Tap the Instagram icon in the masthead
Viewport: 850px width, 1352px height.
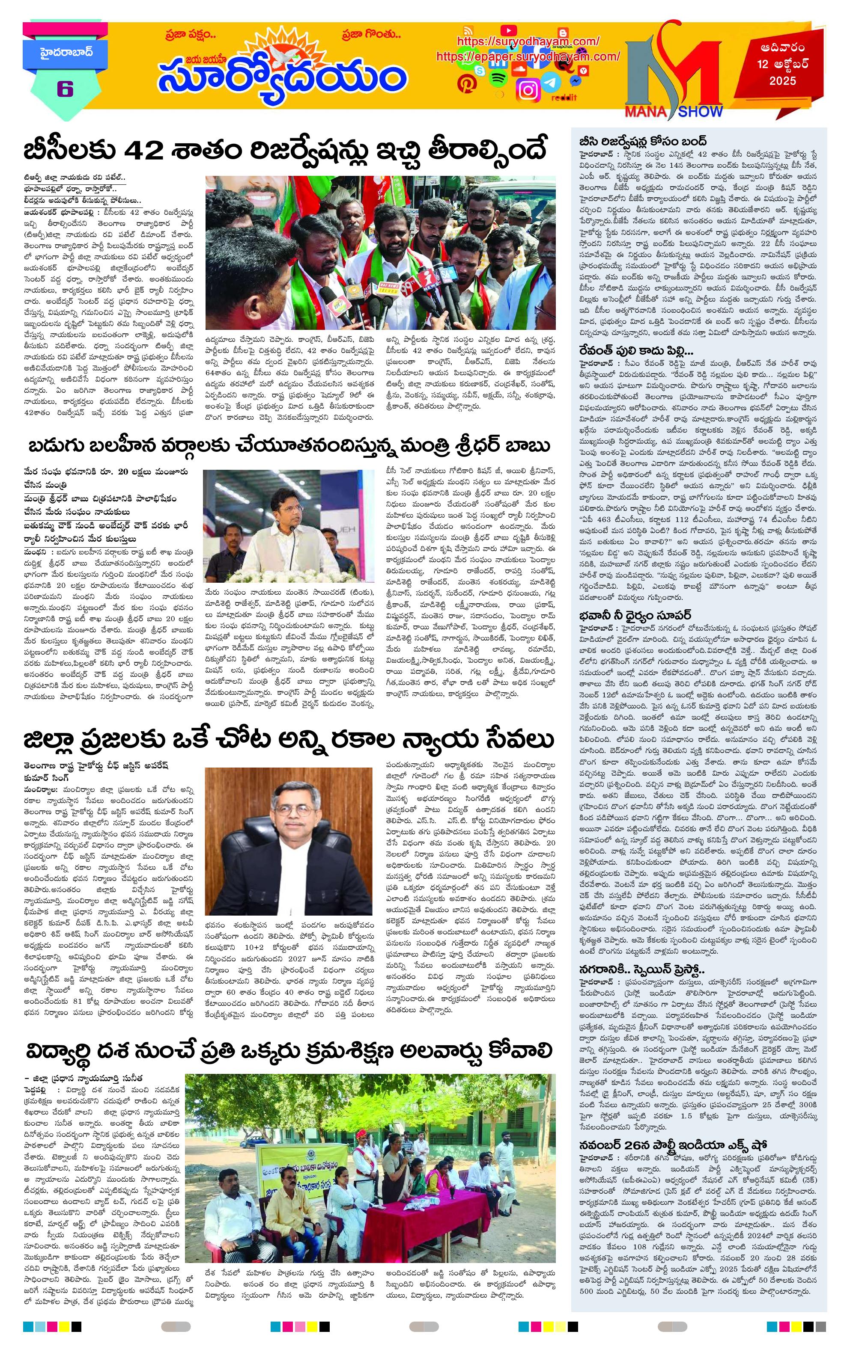[x=528, y=90]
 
